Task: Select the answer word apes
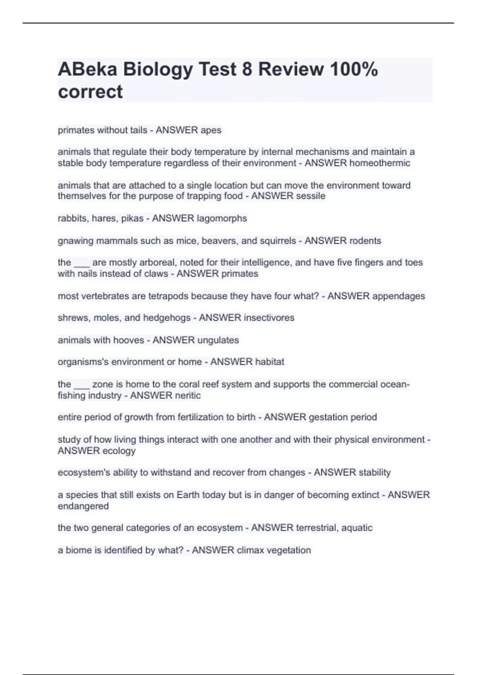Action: coord(211,130)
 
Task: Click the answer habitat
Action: coord(270,362)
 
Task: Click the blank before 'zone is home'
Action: coord(81,385)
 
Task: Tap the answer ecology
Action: coord(119,451)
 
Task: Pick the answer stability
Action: coord(374,472)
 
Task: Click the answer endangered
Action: coord(83,506)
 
